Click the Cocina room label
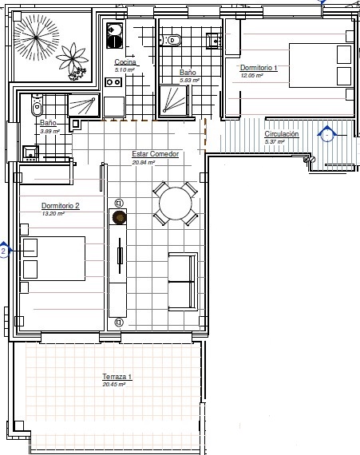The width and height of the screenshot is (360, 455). [x=125, y=61]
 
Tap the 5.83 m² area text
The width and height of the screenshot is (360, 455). [x=189, y=81]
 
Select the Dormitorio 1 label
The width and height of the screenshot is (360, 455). [x=259, y=68]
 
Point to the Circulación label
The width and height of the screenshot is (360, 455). [x=282, y=134]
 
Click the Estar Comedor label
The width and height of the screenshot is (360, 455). [x=156, y=154]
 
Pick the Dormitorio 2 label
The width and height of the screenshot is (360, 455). [x=61, y=206]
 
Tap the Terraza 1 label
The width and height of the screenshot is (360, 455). [x=117, y=377]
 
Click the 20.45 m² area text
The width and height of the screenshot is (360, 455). [x=113, y=384]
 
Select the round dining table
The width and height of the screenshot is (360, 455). [x=176, y=204]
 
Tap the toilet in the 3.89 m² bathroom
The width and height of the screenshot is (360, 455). [x=37, y=105]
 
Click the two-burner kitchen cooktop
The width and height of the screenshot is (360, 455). [x=113, y=82]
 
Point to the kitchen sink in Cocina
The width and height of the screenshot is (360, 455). [x=115, y=35]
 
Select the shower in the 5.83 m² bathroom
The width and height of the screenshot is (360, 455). [x=173, y=100]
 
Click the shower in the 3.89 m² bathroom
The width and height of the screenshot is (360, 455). [x=83, y=105]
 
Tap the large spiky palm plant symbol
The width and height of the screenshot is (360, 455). [x=36, y=38]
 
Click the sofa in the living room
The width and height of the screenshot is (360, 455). [x=183, y=282]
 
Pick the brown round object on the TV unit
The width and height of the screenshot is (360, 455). [x=119, y=217]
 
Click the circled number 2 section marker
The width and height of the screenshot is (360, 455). [x=4, y=251]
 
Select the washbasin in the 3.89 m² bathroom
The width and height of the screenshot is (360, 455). [x=30, y=153]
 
